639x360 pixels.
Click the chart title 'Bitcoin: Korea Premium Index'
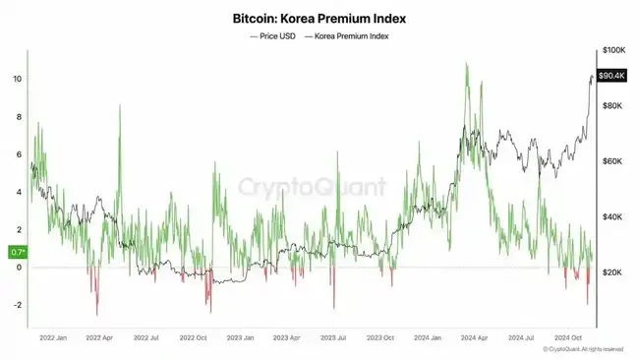click(319, 19)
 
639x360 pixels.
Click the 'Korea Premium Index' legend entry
click(352, 35)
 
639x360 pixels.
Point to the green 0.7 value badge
click(18, 253)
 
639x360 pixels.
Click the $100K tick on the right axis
click(613, 49)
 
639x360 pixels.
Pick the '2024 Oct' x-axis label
click(569, 337)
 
